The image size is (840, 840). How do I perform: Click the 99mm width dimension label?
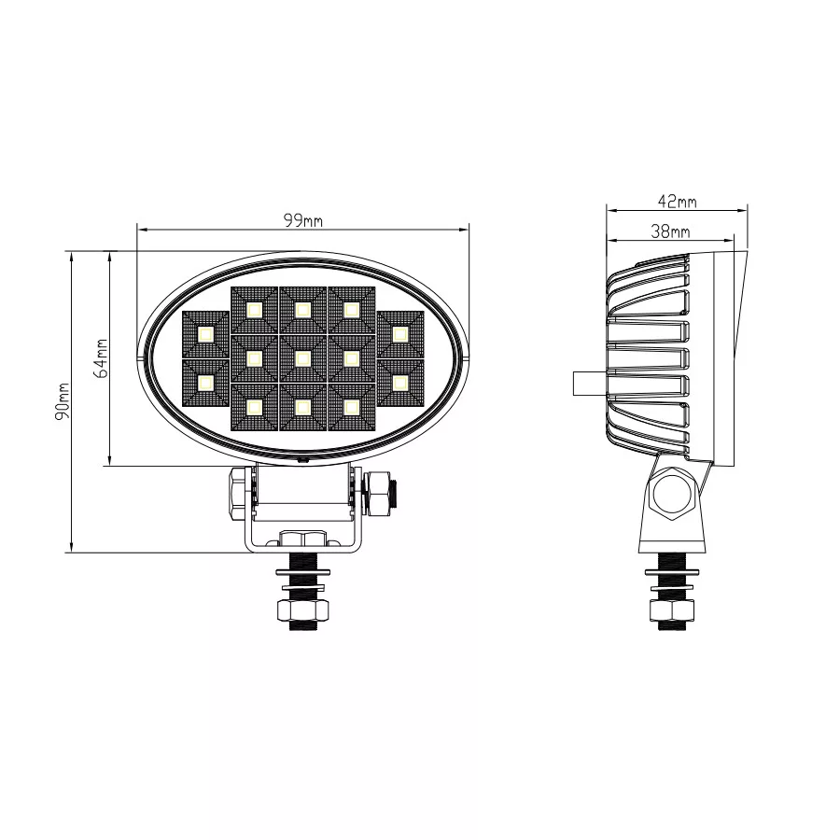(x=303, y=220)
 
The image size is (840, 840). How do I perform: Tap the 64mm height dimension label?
(x=101, y=357)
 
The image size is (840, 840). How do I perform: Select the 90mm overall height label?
(x=63, y=401)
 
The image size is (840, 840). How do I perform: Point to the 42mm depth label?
(x=678, y=202)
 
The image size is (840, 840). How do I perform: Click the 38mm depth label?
(x=670, y=231)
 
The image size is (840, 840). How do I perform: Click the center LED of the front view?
(x=302, y=358)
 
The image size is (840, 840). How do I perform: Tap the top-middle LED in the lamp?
(x=302, y=310)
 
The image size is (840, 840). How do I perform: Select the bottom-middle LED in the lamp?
(x=302, y=408)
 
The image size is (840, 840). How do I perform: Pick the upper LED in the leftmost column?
(x=205, y=334)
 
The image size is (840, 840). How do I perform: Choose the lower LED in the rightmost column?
(x=400, y=383)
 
